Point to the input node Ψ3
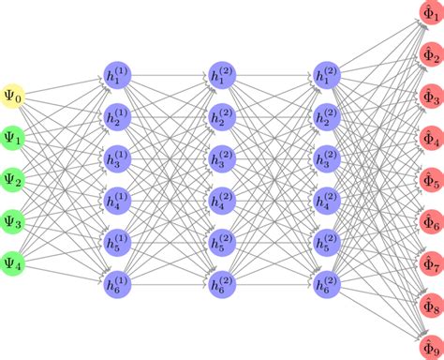(x=17, y=220)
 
